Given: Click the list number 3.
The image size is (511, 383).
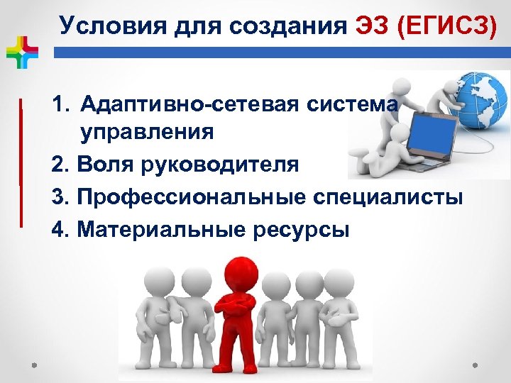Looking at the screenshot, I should click(60, 196).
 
